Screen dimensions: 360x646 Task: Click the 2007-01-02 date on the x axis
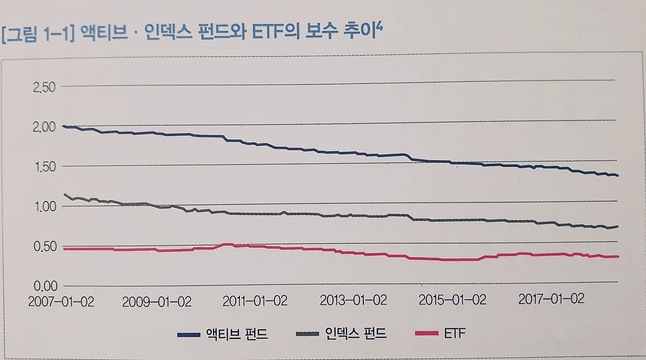coord(61,301)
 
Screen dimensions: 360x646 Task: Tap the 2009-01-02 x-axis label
coord(156,302)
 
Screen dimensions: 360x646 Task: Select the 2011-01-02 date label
coord(255,301)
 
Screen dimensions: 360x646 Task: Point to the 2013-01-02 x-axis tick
coord(353,300)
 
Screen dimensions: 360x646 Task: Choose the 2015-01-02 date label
coord(452,300)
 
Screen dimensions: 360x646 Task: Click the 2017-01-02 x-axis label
coord(551,299)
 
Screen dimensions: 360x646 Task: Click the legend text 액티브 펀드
coord(237,334)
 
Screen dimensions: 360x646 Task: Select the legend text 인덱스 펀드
coord(356,333)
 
